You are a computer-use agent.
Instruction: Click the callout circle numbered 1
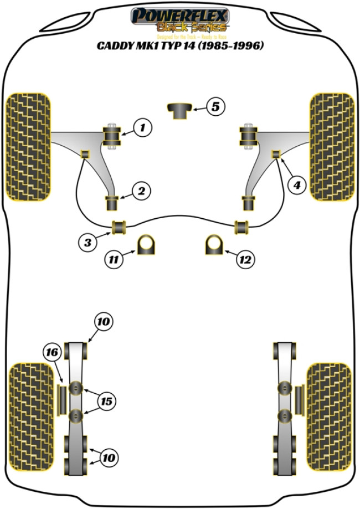[142, 128]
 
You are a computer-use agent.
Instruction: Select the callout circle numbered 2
[142, 192]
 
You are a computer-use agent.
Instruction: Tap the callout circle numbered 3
[88, 241]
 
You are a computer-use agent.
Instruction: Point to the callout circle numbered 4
[297, 185]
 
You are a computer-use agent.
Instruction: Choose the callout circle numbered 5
[215, 106]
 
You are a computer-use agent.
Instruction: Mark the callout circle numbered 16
[52, 352]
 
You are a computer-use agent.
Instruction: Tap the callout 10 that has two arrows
[109, 457]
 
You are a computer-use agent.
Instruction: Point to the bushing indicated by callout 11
[147, 244]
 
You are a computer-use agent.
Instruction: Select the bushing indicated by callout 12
[214, 244]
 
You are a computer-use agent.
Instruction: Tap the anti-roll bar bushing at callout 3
[119, 227]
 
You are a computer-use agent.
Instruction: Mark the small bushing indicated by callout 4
[275, 154]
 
